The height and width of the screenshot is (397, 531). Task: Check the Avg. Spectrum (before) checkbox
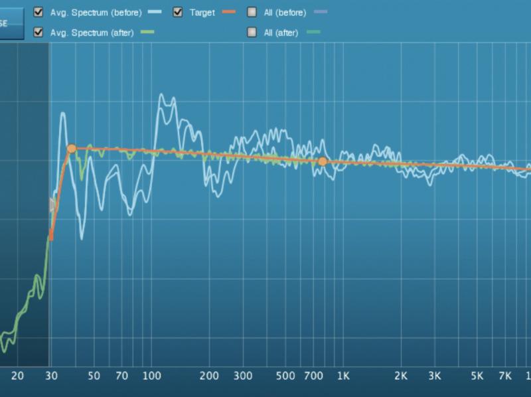tap(38, 12)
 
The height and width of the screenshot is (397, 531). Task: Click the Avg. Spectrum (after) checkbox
tap(38, 32)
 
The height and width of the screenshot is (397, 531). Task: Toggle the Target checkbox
tap(177, 12)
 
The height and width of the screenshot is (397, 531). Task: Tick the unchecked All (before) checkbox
tap(252, 12)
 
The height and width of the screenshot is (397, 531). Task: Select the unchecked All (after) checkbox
tap(252, 32)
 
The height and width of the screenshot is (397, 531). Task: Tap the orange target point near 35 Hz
tap(72, 149)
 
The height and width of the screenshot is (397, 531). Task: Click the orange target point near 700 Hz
tap(323, 161)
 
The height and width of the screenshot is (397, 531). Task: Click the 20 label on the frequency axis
tap(18, 376)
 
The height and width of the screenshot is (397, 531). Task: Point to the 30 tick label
tap(50, 376)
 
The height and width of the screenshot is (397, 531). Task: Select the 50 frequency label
tap(94, 376)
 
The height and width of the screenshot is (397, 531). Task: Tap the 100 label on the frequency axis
tap(152, 376)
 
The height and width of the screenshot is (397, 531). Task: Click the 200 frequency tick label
tap(209, 376)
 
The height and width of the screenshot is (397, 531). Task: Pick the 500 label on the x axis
tap(285, 376)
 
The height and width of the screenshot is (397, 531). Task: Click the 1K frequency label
tap(342, 376)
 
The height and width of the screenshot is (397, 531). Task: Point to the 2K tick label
tap(400, 376)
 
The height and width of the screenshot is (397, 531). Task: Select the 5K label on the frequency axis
tap(477, 376)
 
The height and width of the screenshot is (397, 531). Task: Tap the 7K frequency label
tap(505, 376)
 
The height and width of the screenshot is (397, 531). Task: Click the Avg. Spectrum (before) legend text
tap(96, 13)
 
